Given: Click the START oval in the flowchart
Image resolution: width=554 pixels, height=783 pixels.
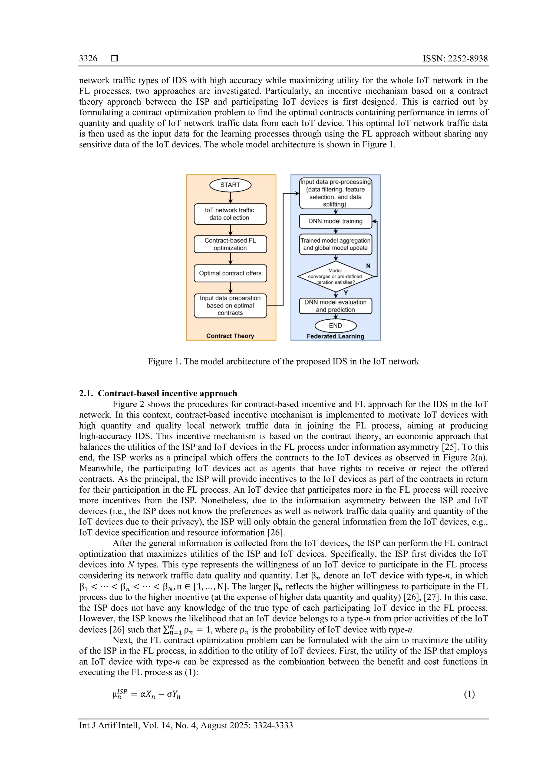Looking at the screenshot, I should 230,185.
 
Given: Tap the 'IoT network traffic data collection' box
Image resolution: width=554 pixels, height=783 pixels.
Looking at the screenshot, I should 230,214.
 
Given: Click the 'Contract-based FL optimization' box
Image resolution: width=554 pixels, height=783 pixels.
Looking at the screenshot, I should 230,244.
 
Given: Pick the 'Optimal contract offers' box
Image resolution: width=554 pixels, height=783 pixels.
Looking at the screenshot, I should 230,273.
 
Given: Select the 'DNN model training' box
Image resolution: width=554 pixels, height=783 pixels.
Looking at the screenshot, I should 335,221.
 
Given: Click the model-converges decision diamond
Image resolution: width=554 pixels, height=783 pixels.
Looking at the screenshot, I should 335,276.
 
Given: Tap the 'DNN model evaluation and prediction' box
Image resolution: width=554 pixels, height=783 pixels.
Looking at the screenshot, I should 335,306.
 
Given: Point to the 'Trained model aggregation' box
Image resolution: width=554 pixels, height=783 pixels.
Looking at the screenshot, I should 335,244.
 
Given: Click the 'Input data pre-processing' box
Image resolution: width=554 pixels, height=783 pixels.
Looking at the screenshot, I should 335,193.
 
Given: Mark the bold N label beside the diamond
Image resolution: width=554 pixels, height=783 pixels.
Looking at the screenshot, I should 368,266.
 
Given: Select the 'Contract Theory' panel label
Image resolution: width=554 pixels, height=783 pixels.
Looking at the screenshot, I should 230,336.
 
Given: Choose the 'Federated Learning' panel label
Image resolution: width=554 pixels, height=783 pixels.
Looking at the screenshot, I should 335,336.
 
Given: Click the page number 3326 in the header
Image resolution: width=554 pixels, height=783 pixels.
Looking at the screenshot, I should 88,58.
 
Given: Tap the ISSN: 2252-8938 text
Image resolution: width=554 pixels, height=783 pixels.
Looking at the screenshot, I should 455,58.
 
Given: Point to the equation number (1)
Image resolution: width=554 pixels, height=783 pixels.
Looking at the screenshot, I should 469,694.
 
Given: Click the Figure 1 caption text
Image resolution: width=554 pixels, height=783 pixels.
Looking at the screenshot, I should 283,361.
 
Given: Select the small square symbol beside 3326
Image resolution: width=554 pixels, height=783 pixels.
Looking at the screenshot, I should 115,58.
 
